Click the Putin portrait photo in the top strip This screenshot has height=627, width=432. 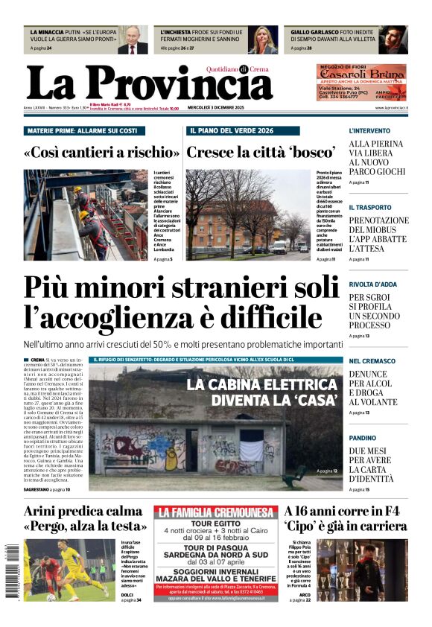(133, 40)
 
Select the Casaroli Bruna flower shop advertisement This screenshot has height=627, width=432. (362, 83)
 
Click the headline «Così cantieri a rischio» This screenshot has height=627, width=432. (101, 153)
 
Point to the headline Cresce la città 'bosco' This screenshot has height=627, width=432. (261, 153)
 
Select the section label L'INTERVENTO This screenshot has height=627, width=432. (369, 130)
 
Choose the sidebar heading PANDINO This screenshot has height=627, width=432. (363, 438)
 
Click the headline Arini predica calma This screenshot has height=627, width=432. (83, 512)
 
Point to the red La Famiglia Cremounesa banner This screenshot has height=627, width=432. (215, 512)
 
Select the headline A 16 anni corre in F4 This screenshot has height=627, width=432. (346, 512)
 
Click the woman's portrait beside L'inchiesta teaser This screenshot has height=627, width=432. (263, 40)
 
